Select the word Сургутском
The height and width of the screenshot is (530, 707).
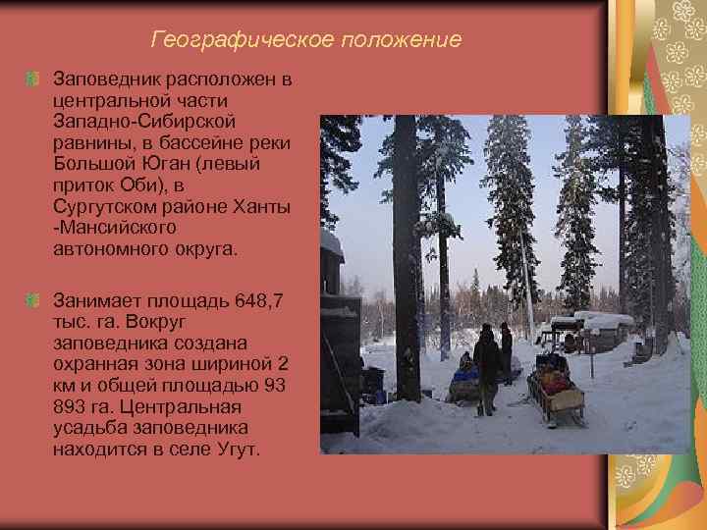pyautogui.click(x=105, y=206)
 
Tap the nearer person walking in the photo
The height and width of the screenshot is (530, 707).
pyautogui.click(x=486, y=368)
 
